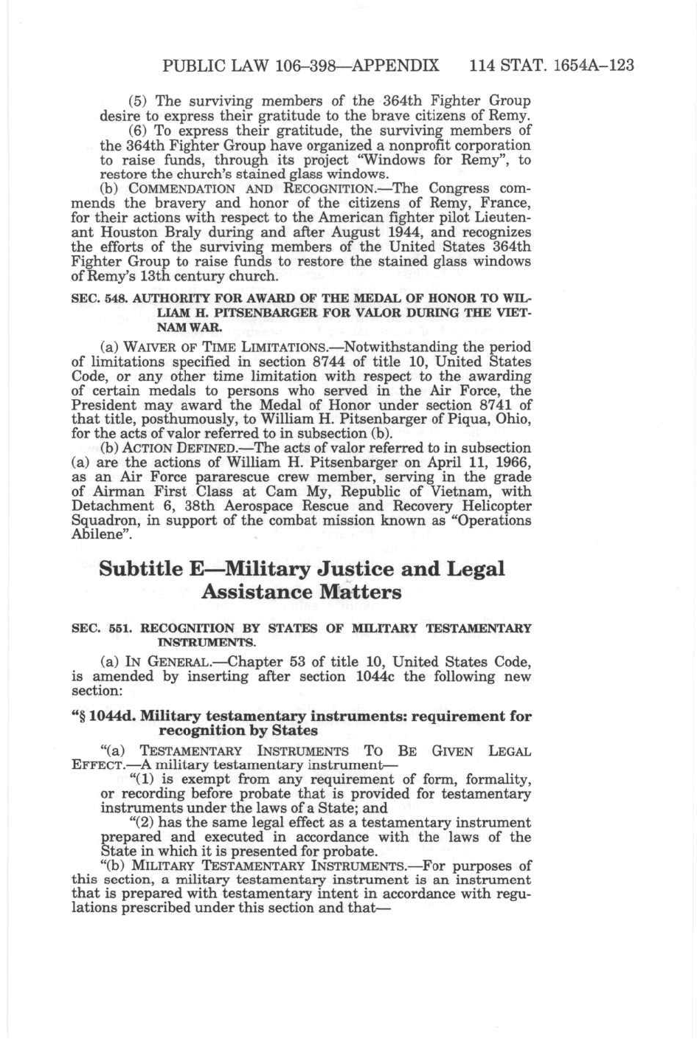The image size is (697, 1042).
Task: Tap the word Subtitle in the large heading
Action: [140, 569]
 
